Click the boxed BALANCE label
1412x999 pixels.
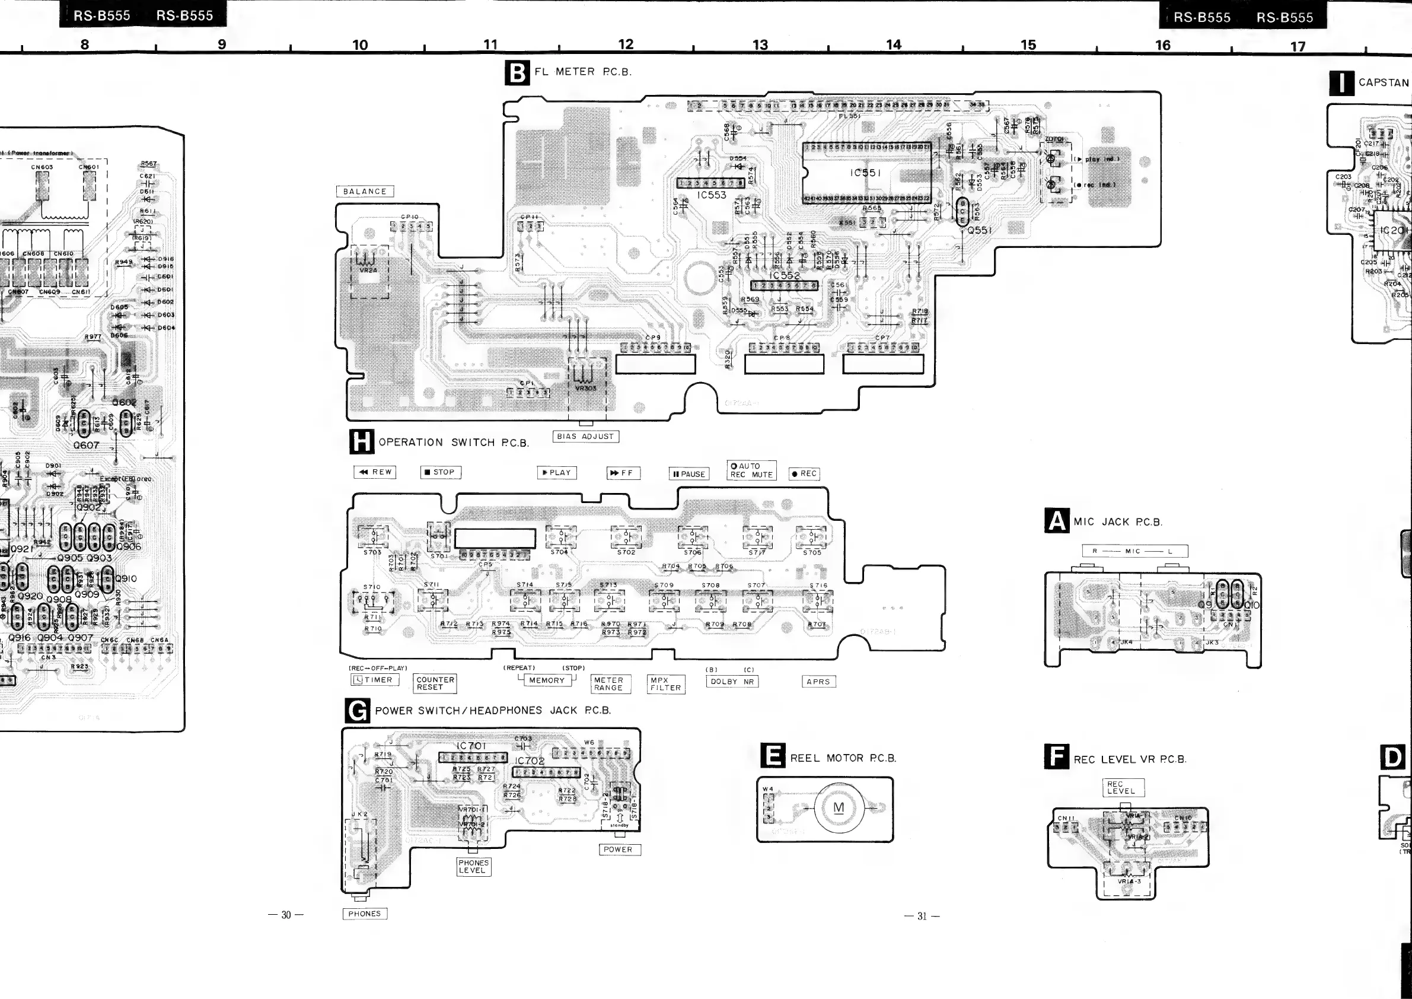click(365, 191)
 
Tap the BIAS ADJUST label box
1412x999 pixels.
click(585, 436)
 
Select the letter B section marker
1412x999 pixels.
click(517, 73)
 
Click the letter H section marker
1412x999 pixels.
click(362, 442)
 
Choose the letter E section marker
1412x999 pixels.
click(772, 756)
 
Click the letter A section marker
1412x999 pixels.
click(1057, 521)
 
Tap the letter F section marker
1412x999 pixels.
click(1057, 757)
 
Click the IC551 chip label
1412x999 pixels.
click(866, 173)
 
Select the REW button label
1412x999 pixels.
click(375, 472)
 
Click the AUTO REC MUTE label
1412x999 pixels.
click(751, 470)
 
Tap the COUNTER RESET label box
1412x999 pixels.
click(435, 683)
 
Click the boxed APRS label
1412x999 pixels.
click(818, 682)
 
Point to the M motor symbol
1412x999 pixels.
click(839, 808)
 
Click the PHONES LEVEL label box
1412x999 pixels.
click(473, 866)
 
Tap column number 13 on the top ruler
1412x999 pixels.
click(760, 45)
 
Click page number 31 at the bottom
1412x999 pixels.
click(921, 916)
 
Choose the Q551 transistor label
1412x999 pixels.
click(979, 230)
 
